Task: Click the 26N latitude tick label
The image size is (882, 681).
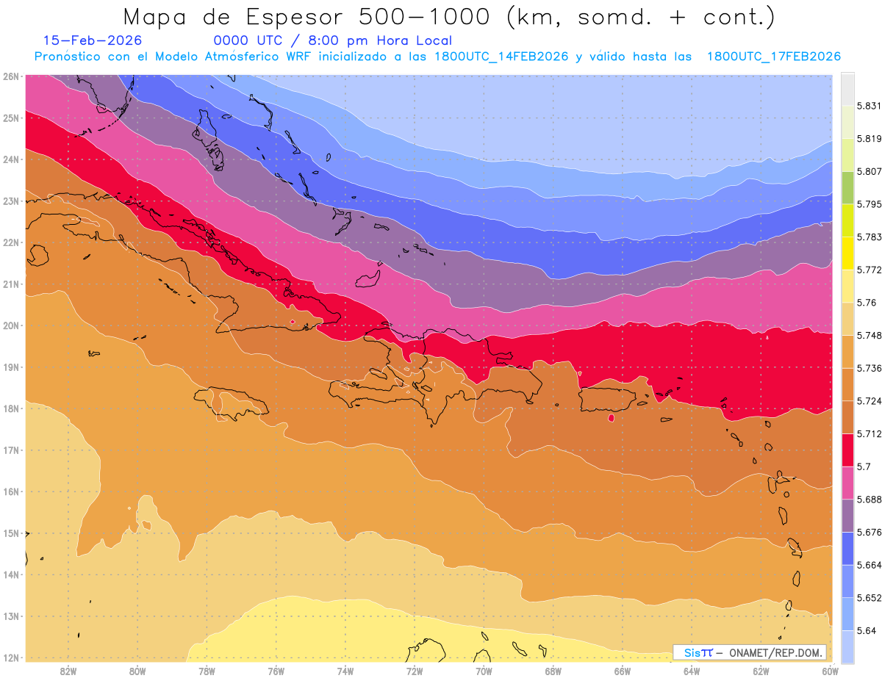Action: click(11, 76)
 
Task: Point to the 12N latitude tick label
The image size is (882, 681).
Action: click(11, 657)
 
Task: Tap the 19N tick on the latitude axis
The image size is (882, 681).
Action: click(11, 367)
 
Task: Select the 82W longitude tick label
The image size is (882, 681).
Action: click(68, 671)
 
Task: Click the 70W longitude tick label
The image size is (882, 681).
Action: click(484, 671)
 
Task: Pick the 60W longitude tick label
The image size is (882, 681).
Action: click(831, 671)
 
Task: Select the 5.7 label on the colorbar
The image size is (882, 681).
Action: click(864, 466)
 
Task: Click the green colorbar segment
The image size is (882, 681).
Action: click(848, 187)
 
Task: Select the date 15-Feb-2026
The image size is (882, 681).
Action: click(93, 41)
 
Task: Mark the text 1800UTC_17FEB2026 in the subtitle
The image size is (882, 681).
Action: click(773, 57)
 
